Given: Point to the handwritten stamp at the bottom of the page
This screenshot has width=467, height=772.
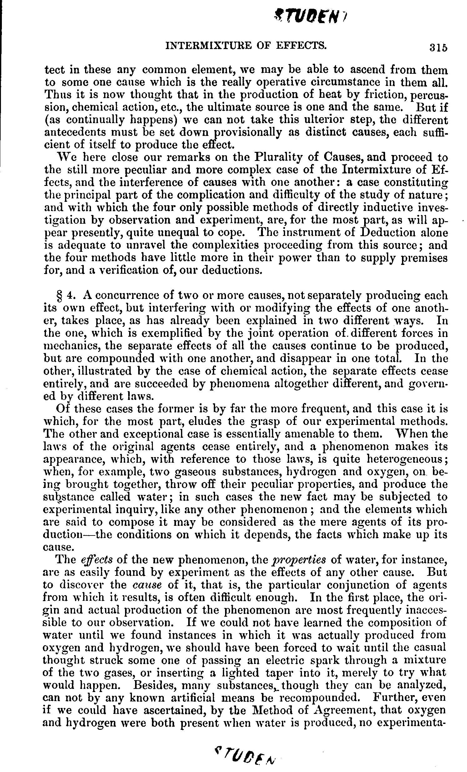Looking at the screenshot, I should click(247, 756).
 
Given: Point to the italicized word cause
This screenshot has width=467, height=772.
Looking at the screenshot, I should click(147, 585).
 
